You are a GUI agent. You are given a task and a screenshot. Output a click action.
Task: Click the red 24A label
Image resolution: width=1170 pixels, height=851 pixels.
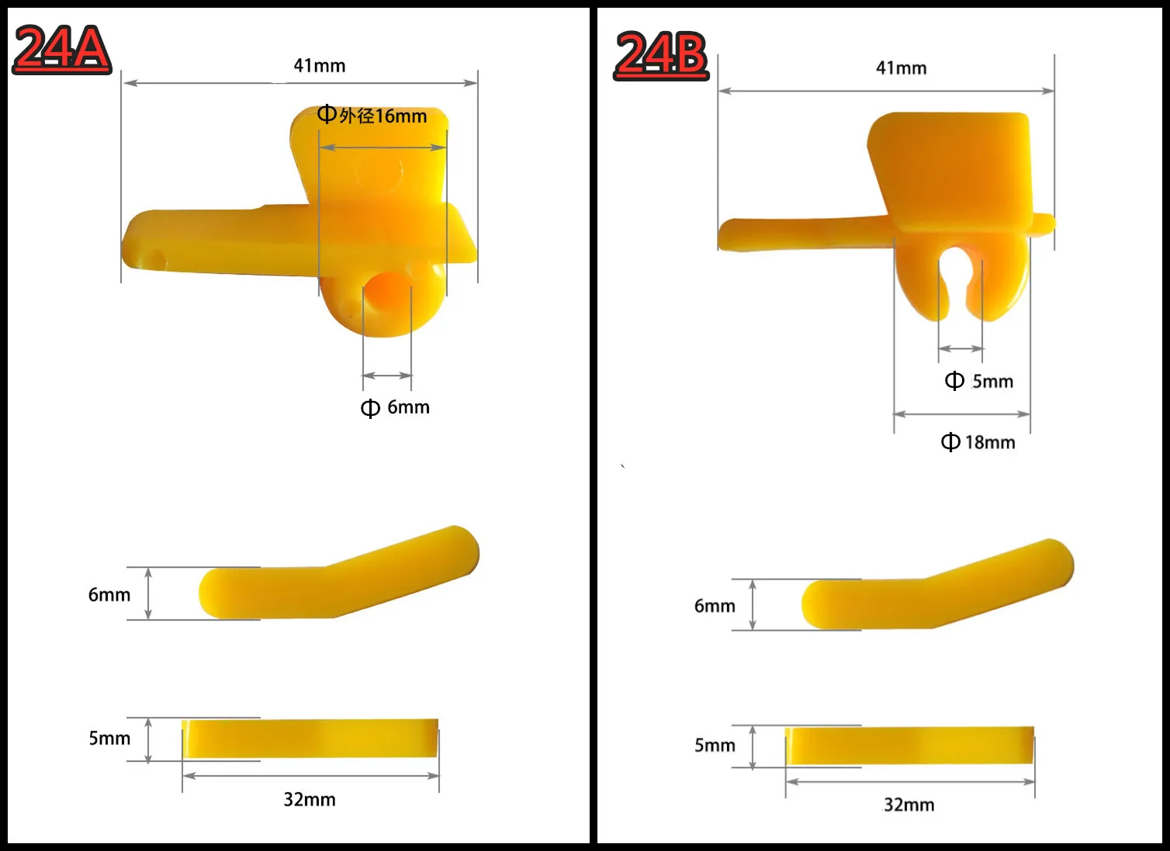point(61,49)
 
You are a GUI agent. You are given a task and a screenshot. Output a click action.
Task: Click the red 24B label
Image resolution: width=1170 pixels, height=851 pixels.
point(661,55)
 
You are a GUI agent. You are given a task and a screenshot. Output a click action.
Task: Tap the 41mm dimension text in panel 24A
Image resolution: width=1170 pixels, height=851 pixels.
point(320,66)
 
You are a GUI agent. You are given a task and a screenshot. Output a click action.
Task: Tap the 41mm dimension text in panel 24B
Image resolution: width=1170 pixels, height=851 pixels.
point(902,68)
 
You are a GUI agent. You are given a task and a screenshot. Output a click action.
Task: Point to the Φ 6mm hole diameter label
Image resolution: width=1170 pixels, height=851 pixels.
point(396,407)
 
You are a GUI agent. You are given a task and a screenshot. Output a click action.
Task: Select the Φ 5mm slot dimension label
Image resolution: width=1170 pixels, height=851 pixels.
point(979,382)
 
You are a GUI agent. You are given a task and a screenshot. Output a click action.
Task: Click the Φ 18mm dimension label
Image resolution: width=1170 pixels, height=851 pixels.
point(978,442)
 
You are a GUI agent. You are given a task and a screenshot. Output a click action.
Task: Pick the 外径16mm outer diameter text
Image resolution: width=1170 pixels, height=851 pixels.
point(382,116)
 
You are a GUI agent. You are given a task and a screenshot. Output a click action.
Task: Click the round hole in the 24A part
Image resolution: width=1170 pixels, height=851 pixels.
point(386,290)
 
